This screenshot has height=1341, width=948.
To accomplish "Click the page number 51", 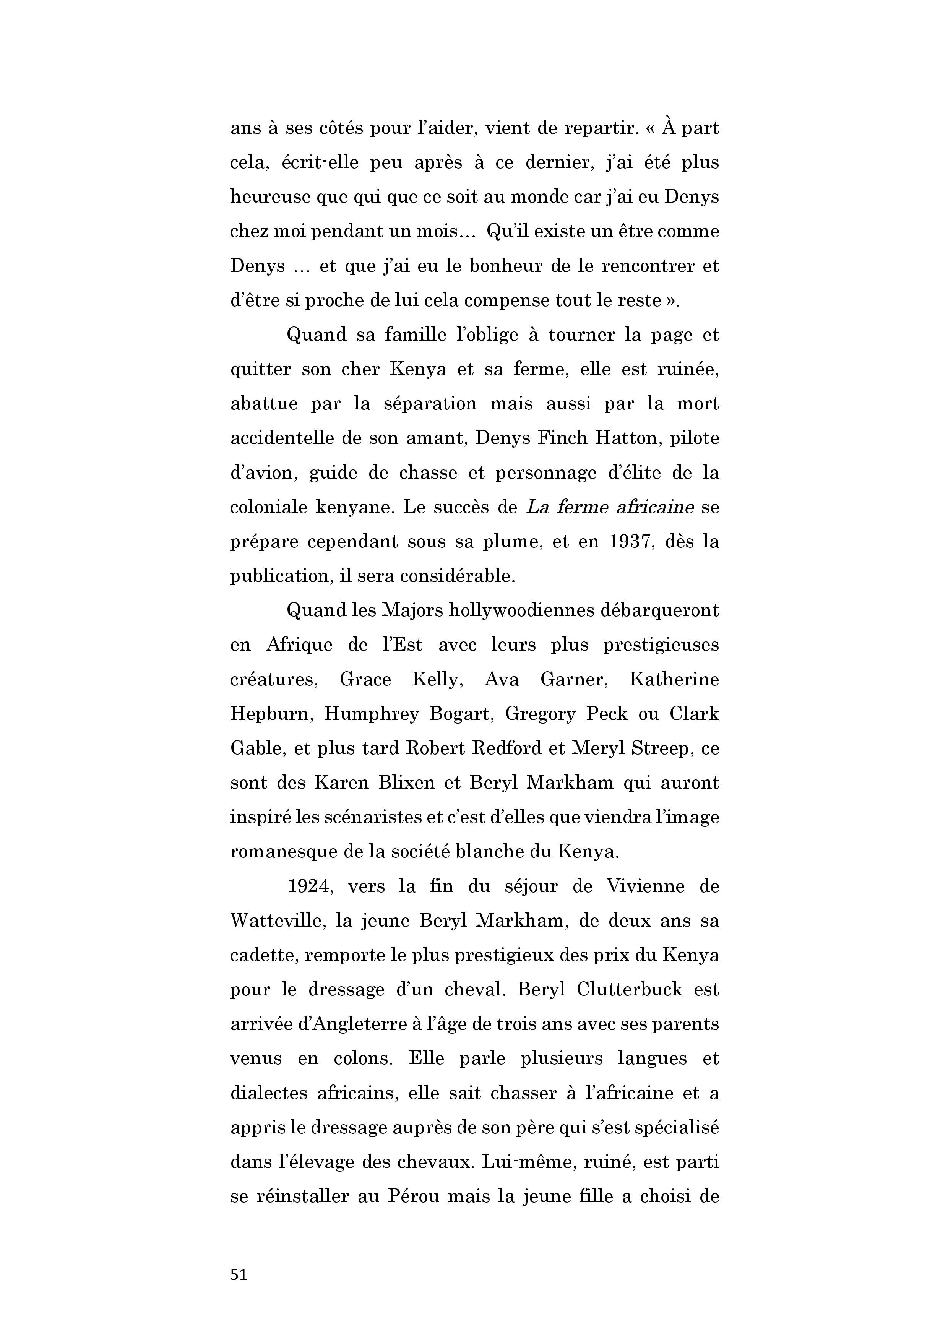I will [239, 1274].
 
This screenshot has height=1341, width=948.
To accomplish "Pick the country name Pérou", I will [413, 1196].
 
